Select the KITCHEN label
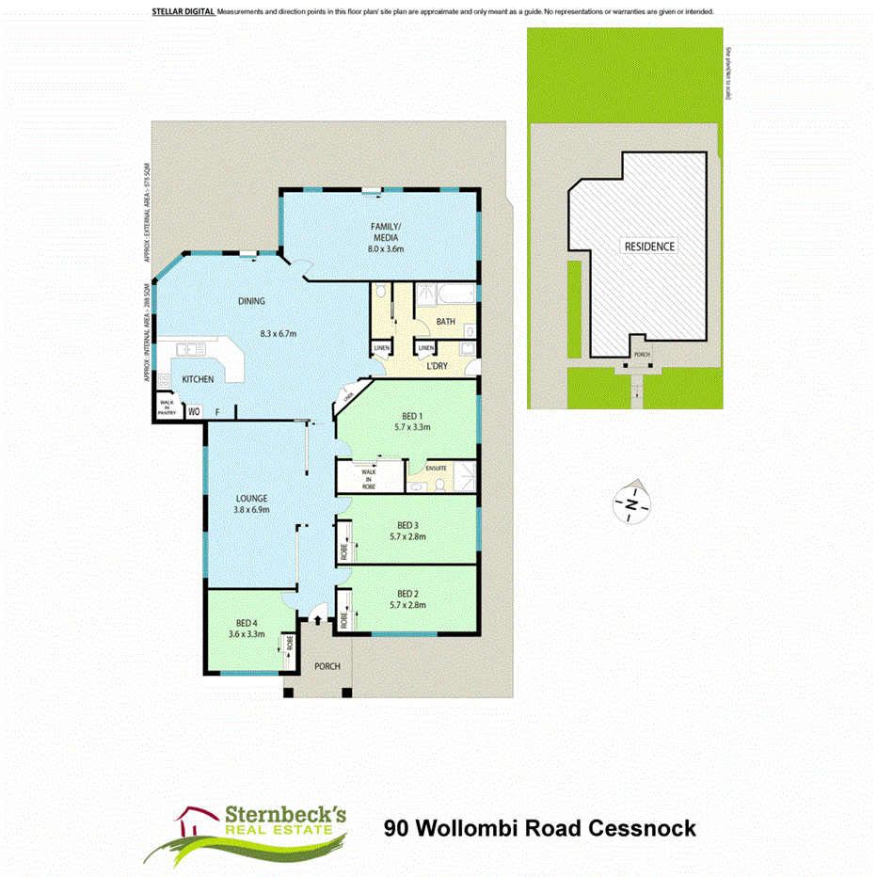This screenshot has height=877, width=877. coord(198,378)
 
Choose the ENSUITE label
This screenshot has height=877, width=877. coord(436,468)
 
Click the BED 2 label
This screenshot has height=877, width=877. coord(407,593)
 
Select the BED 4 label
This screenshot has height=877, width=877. coord(246,621)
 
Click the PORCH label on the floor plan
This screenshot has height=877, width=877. coord(327,666)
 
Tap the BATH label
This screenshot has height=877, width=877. coord(445,322)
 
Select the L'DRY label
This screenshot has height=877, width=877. coord(437,364)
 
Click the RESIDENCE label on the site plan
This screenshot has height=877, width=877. coord(650,246)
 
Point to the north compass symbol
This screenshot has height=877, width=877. coord(631,505)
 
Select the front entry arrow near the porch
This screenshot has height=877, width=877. coord(316,618)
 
